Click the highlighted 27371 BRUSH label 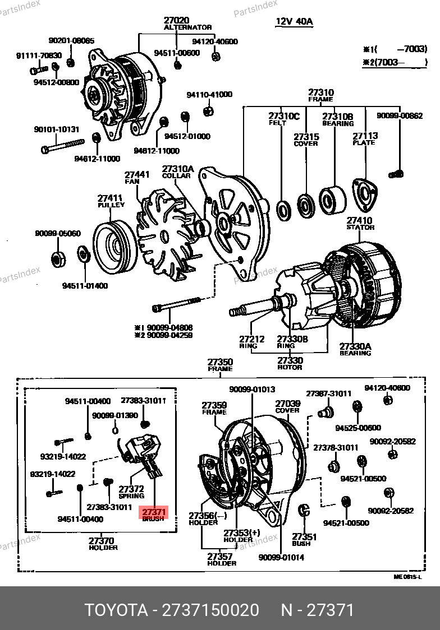click(x=153, y=515)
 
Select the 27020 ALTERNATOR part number click(x=177, y=20)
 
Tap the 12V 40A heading click(x=294, y=21)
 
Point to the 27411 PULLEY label click(x=111, y=201)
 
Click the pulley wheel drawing click(x=115, y=246)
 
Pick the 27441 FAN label click(x=137, y=177)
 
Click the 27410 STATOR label click(x=360, y=224)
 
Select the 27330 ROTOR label click(x=290, y=363)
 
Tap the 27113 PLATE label click(x=365, y=138)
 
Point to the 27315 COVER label click(x=306, y=140)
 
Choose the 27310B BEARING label click(x=337, y=119)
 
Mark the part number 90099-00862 click(x=400, y=115)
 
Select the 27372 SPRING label click(x=131, y=492)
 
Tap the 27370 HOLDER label click(x=103, y=544)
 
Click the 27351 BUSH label click(x=304, y=540)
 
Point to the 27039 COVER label click(x=287, y=406)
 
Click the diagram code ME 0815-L click(x=407, y=577)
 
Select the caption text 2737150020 click(x=210, y=610)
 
